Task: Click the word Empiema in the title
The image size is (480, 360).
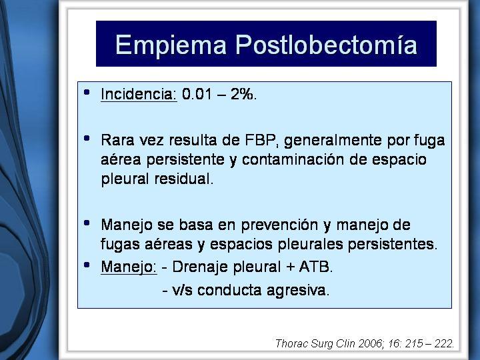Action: point(171,45)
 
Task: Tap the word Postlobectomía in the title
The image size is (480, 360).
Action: point(326,45)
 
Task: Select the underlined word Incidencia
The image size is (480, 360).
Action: point(139,94)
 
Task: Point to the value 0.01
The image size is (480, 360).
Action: point(197,94)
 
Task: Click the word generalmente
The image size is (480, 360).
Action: point(333,141)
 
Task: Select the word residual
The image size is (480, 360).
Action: point(183,179)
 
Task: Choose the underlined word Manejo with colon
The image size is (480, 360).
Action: point(129,267)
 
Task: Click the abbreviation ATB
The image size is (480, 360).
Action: point(315,267)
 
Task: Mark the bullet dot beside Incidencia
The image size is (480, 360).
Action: point(87,92)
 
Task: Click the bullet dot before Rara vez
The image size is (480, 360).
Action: point(87,139)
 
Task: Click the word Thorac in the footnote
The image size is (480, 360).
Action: point(291,343)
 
